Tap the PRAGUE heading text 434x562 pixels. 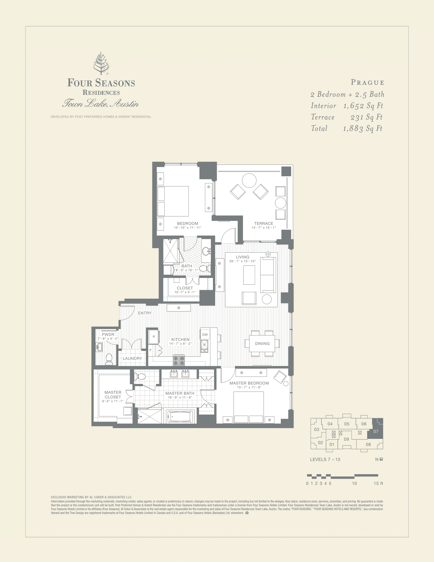(x=367, y=83)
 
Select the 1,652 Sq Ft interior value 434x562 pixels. (x=363, y=106)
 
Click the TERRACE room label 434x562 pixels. (x=263, y=223)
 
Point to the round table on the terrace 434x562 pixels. (x=249, y=180)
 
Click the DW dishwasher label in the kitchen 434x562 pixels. (x=205, y=335)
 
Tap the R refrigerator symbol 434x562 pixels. (x=154, y=337)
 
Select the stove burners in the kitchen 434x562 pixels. (x=179, y=360)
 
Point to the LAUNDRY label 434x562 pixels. (x=132, y=358)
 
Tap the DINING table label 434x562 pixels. (x=262, y=344)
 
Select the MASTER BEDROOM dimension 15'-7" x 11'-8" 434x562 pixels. (x=249, y=387)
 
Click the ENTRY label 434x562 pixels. (x=144, y=313)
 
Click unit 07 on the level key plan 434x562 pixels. (x=376, y=431)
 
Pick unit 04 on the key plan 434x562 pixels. (x=330, y=424)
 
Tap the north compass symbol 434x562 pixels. (x=381, y=459)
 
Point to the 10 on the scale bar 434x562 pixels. (x=354, y=484)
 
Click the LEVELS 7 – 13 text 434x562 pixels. (x=325, y=460)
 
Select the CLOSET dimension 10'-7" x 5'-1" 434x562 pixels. (x=185, y=292)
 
